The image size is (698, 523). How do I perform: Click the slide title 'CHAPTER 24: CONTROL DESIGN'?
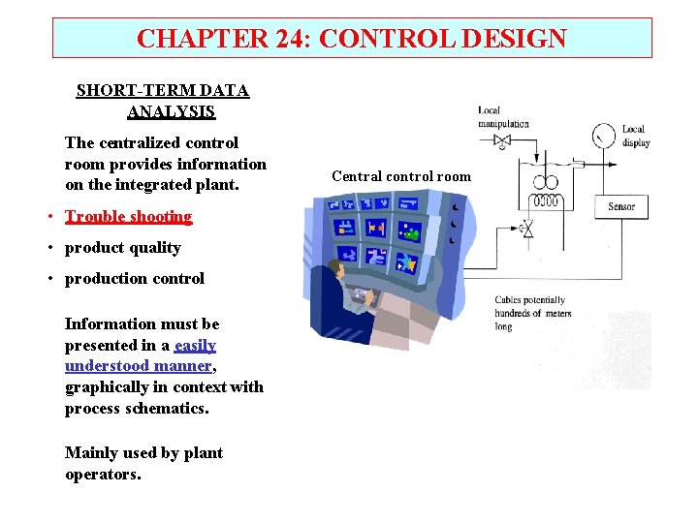(x=351, y=39)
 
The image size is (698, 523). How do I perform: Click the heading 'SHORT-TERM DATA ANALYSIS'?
(x=163, y=101)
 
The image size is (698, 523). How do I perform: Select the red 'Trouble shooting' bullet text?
(x=128, y=216)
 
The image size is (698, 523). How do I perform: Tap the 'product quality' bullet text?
(x=122, y=247)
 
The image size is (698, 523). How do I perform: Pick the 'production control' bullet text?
(x=134, y=278)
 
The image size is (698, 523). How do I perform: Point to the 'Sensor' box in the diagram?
(x=621, y=206)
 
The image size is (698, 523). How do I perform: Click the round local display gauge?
(x=605, y=135)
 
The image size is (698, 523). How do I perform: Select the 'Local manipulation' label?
(x=503, y=117)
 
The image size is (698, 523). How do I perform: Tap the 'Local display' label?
(x=635, y=136)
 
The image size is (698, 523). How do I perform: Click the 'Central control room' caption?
(x=400, y=176)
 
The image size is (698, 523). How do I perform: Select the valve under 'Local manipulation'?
(x=501, y=140)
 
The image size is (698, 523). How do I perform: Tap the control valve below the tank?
(x=526, y=231)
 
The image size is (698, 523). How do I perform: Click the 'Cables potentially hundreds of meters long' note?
(x=532, y=314)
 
